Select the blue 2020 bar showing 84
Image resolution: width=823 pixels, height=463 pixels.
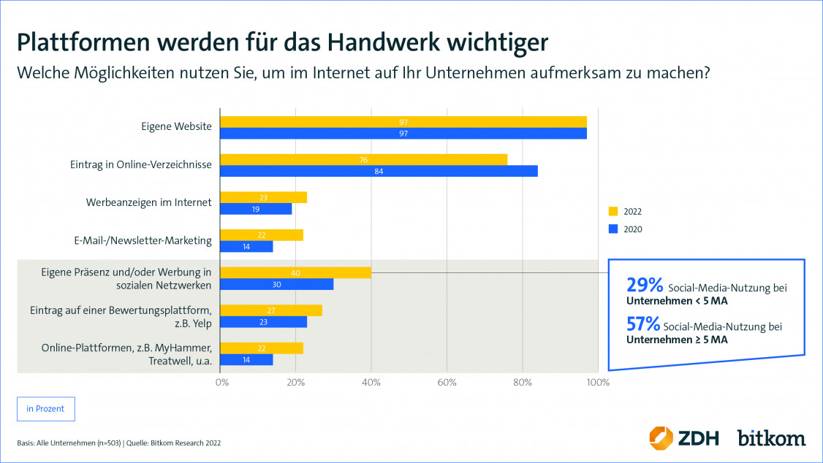379,171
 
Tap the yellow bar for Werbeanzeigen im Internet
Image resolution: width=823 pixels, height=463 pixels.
264,197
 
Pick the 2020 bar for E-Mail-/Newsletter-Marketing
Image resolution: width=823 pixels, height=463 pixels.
247,247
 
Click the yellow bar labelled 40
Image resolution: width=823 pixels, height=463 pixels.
296,273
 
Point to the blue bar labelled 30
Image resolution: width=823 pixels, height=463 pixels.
277,285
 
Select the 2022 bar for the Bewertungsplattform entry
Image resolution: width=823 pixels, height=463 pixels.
271,310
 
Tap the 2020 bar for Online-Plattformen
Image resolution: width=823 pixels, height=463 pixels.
247,360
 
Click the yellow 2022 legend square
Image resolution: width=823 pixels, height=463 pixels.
613,212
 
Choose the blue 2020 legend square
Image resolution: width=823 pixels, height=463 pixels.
613,229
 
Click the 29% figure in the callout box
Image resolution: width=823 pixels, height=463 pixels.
645,286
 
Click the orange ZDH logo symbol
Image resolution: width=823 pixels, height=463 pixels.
661,437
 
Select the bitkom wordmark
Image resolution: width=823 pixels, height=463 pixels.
771,437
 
